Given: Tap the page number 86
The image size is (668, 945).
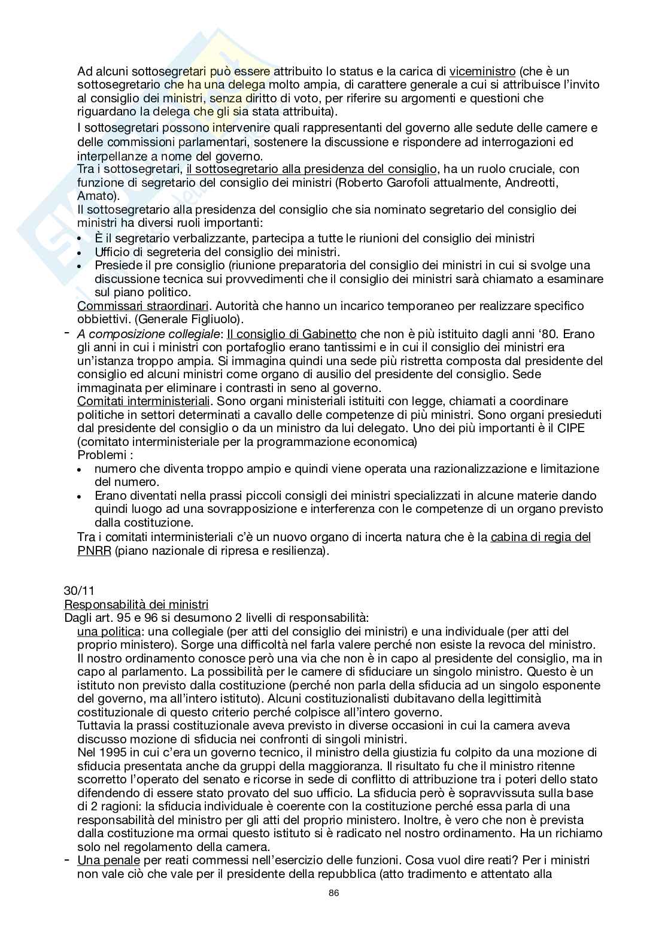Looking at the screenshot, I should [334, 894].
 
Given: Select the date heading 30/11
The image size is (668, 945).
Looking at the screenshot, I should [76, 590].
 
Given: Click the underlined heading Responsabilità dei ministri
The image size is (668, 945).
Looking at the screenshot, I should [136, 604].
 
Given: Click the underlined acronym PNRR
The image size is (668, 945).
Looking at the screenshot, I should [94, 551].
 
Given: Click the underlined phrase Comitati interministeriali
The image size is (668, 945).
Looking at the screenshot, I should [144, 401].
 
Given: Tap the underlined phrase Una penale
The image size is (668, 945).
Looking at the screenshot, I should [108, 860].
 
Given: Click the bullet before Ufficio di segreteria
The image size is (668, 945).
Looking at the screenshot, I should [81, 253].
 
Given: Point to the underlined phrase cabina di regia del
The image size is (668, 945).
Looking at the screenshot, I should [541, 537].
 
